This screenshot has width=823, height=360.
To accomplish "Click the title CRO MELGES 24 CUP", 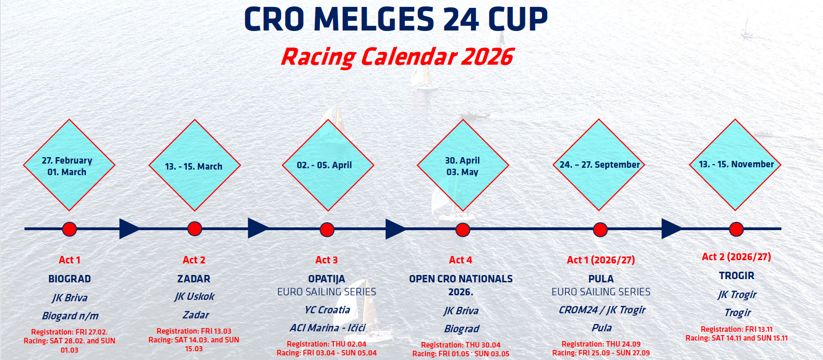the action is pos(396,19).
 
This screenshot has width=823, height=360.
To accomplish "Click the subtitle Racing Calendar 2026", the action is pos(397,57).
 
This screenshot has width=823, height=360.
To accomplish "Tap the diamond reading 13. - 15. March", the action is pos(195,165).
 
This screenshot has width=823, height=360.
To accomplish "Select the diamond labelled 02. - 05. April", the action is pos(328,165).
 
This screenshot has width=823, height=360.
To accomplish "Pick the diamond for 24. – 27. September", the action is pos(599,165).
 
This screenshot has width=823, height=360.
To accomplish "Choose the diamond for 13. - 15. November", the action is pos(735,165).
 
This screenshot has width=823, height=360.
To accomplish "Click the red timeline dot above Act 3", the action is pos(327,230).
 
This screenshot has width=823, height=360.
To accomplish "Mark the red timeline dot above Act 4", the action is pos(463,230).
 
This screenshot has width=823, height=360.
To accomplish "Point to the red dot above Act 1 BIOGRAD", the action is pos(69,229).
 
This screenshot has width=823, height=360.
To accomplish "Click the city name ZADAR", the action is pos(194,279).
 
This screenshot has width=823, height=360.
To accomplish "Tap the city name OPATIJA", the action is pos(326,279).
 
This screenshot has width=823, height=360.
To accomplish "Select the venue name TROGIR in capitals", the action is pos(737,276).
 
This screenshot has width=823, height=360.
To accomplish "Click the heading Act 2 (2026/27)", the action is pos(737,257).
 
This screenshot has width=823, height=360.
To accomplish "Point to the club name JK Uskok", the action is pos(194,297).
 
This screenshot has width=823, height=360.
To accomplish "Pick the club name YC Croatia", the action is pos(327,310).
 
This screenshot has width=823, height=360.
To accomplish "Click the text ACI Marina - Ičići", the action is pos(327,328).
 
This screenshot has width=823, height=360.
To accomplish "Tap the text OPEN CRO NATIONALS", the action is pos(461,279).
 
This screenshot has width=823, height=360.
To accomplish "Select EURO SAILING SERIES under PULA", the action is pos(601,292).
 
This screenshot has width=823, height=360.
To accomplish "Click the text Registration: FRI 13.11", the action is pos(737,329).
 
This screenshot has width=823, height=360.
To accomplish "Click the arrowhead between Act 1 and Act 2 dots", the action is pos(130,229).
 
